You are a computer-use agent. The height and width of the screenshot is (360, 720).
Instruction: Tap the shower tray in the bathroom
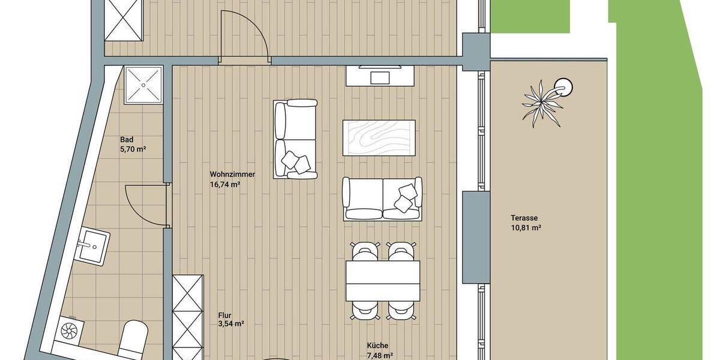click(x=144, y=85)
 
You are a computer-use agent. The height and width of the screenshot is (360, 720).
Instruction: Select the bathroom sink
click(x=92, y=247)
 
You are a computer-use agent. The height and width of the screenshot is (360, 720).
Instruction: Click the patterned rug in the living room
click(x=379, y=137)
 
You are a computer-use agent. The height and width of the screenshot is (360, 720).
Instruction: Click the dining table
click(x=382, y=281)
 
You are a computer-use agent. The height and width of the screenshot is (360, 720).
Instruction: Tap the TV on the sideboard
click(x=380, y=77)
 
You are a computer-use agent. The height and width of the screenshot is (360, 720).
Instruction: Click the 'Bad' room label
click(x=127, y=139)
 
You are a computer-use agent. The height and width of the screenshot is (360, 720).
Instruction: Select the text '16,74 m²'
click(x=225, y=185)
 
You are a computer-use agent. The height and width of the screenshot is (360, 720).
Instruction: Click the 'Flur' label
click(x=226, y=314)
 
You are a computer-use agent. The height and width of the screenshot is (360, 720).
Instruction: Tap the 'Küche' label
click(x=377, y=346)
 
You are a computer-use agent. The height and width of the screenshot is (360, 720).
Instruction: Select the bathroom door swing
click(x=147, y=205)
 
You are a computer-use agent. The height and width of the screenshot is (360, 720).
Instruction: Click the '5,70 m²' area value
click(x=133, y=149)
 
